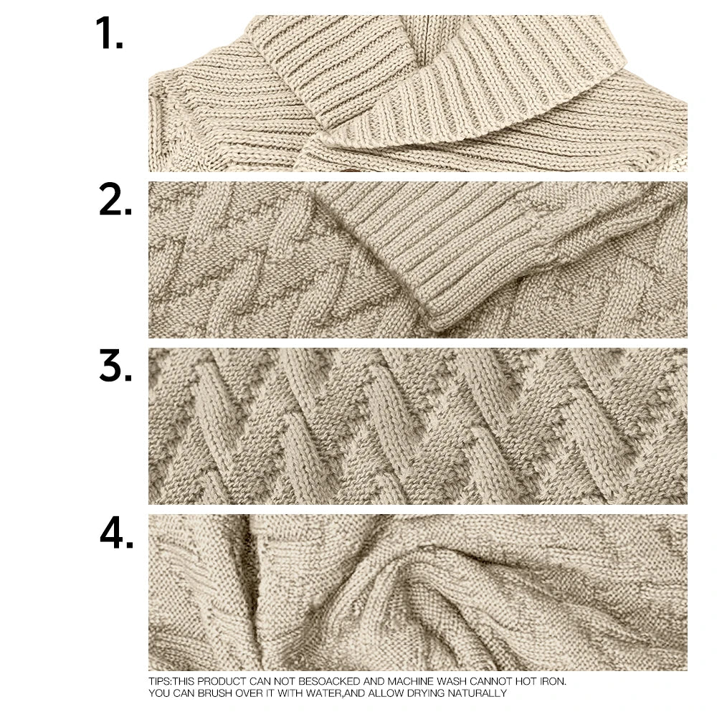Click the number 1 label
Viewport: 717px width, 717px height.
coord(109,34)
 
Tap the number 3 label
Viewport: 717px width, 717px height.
coord(115,368)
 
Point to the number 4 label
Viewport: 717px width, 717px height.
coord(116,535)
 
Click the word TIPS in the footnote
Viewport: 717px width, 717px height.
coord(158,681)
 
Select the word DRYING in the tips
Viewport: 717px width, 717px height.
coord(422,693)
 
